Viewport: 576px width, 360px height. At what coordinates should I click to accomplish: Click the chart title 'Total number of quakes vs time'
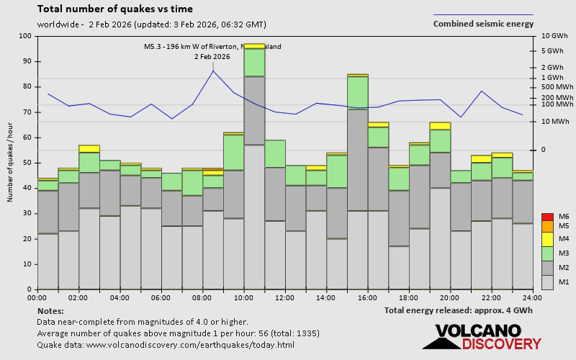tap(114, 9)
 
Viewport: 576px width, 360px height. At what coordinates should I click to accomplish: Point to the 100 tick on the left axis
tap(26, 36)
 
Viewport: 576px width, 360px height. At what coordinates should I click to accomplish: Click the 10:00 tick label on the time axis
tap(243, 297)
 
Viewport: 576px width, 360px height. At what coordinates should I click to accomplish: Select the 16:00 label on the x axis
tap(367, 297)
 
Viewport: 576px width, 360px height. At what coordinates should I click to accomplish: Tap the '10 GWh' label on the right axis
tap(554, 36)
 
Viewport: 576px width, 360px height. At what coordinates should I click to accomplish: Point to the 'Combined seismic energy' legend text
tap(483, 24)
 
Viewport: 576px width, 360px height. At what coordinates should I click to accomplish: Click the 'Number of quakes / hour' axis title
tap(11, 163)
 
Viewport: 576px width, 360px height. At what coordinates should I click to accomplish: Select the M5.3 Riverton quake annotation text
tap(212, 47)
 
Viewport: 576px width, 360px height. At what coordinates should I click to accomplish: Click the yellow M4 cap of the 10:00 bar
tap(254, 46)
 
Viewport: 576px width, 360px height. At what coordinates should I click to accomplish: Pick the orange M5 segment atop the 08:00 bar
tap(212, 169)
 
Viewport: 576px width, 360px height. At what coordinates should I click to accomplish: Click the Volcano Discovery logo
tap(482, 337)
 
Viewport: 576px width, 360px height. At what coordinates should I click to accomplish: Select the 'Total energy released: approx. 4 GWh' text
tap(459, 310)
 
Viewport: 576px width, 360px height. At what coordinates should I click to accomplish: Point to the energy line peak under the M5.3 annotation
tap(213, 71)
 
